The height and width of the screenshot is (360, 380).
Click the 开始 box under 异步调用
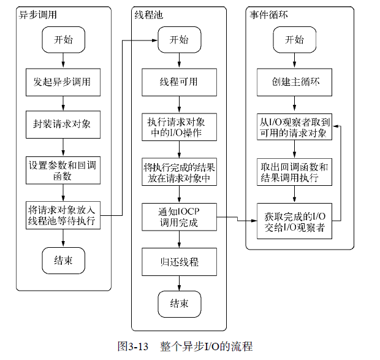(64, 40)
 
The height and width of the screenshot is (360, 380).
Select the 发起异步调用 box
(63, 82)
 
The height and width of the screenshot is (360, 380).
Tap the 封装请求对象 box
(63, 124)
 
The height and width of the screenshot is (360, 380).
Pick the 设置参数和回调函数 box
(63, 170)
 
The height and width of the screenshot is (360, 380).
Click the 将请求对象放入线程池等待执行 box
(63, 215)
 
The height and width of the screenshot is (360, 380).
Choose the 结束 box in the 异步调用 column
(64, 261)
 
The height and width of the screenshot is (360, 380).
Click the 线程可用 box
(179, 82)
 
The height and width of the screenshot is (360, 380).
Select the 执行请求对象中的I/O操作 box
(179, 127)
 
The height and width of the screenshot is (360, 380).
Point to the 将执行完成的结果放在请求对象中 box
(179, 172)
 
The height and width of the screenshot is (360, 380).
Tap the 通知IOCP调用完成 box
(179, 217)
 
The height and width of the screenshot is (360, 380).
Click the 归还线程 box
(179, 262)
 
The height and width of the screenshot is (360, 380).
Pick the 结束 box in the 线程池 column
(180, 304)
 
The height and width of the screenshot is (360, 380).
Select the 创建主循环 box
(294, 82)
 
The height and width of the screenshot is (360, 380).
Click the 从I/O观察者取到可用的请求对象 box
(294, 127)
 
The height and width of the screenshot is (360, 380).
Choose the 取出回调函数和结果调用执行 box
(294, 172)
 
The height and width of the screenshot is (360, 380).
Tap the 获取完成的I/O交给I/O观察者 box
(294, 221)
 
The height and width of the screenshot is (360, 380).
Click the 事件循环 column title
(269, 15)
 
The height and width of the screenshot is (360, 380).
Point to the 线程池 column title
(149, 15)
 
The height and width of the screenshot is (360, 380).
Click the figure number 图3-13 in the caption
(133, 346)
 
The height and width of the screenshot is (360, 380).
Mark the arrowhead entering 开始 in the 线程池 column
(155, 40)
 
